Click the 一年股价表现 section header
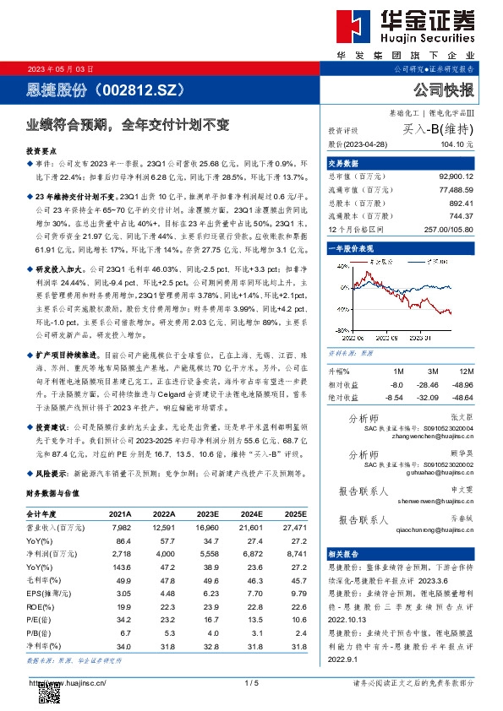coord(352,250)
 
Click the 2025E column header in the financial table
coord(293,513)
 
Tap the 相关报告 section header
coord(345,550)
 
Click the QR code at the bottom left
coord(51,692)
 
